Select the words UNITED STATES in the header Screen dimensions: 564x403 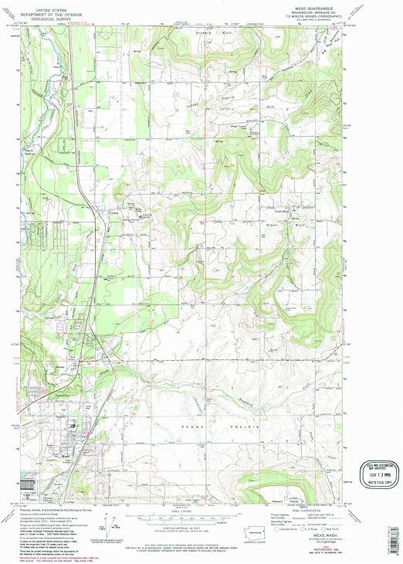coord(53,8)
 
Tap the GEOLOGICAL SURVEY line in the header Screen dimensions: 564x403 coord(53,16)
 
